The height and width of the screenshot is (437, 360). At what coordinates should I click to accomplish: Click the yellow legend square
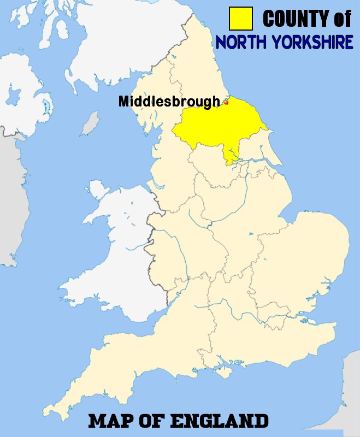241,19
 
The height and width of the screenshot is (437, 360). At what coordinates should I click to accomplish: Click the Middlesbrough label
169,102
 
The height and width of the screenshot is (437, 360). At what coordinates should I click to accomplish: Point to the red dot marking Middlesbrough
226,102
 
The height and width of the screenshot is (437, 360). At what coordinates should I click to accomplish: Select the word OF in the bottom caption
155,421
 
